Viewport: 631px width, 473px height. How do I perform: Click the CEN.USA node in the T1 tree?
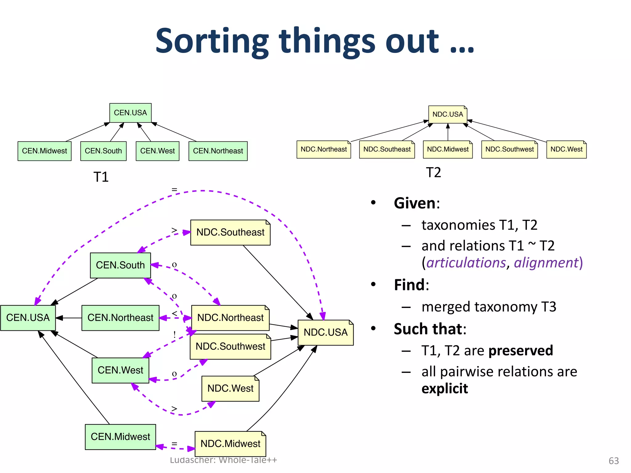130,113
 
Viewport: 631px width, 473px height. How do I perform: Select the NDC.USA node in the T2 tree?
448,114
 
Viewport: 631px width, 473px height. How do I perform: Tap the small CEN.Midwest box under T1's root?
44,151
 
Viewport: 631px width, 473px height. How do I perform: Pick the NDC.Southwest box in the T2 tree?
509,149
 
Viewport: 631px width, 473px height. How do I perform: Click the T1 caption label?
101,177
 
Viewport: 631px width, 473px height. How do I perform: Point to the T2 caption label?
433,172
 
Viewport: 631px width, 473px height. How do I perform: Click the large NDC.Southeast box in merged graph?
230,232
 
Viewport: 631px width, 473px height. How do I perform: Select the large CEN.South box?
120,265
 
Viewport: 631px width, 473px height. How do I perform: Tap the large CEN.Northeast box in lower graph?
120,318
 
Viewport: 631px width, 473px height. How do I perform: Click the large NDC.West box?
230,388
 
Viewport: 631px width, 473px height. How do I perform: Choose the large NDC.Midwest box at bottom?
230,444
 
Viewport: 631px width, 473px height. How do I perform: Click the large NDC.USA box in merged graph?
325,333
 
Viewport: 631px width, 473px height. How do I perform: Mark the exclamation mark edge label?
174,335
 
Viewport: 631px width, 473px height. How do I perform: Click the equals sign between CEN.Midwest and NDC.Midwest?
174,444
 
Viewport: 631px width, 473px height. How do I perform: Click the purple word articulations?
466,263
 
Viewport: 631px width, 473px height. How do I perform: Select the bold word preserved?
521,350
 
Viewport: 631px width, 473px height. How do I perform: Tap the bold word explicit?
445,389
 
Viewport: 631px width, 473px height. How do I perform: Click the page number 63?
613,461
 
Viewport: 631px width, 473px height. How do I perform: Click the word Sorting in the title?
212,42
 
